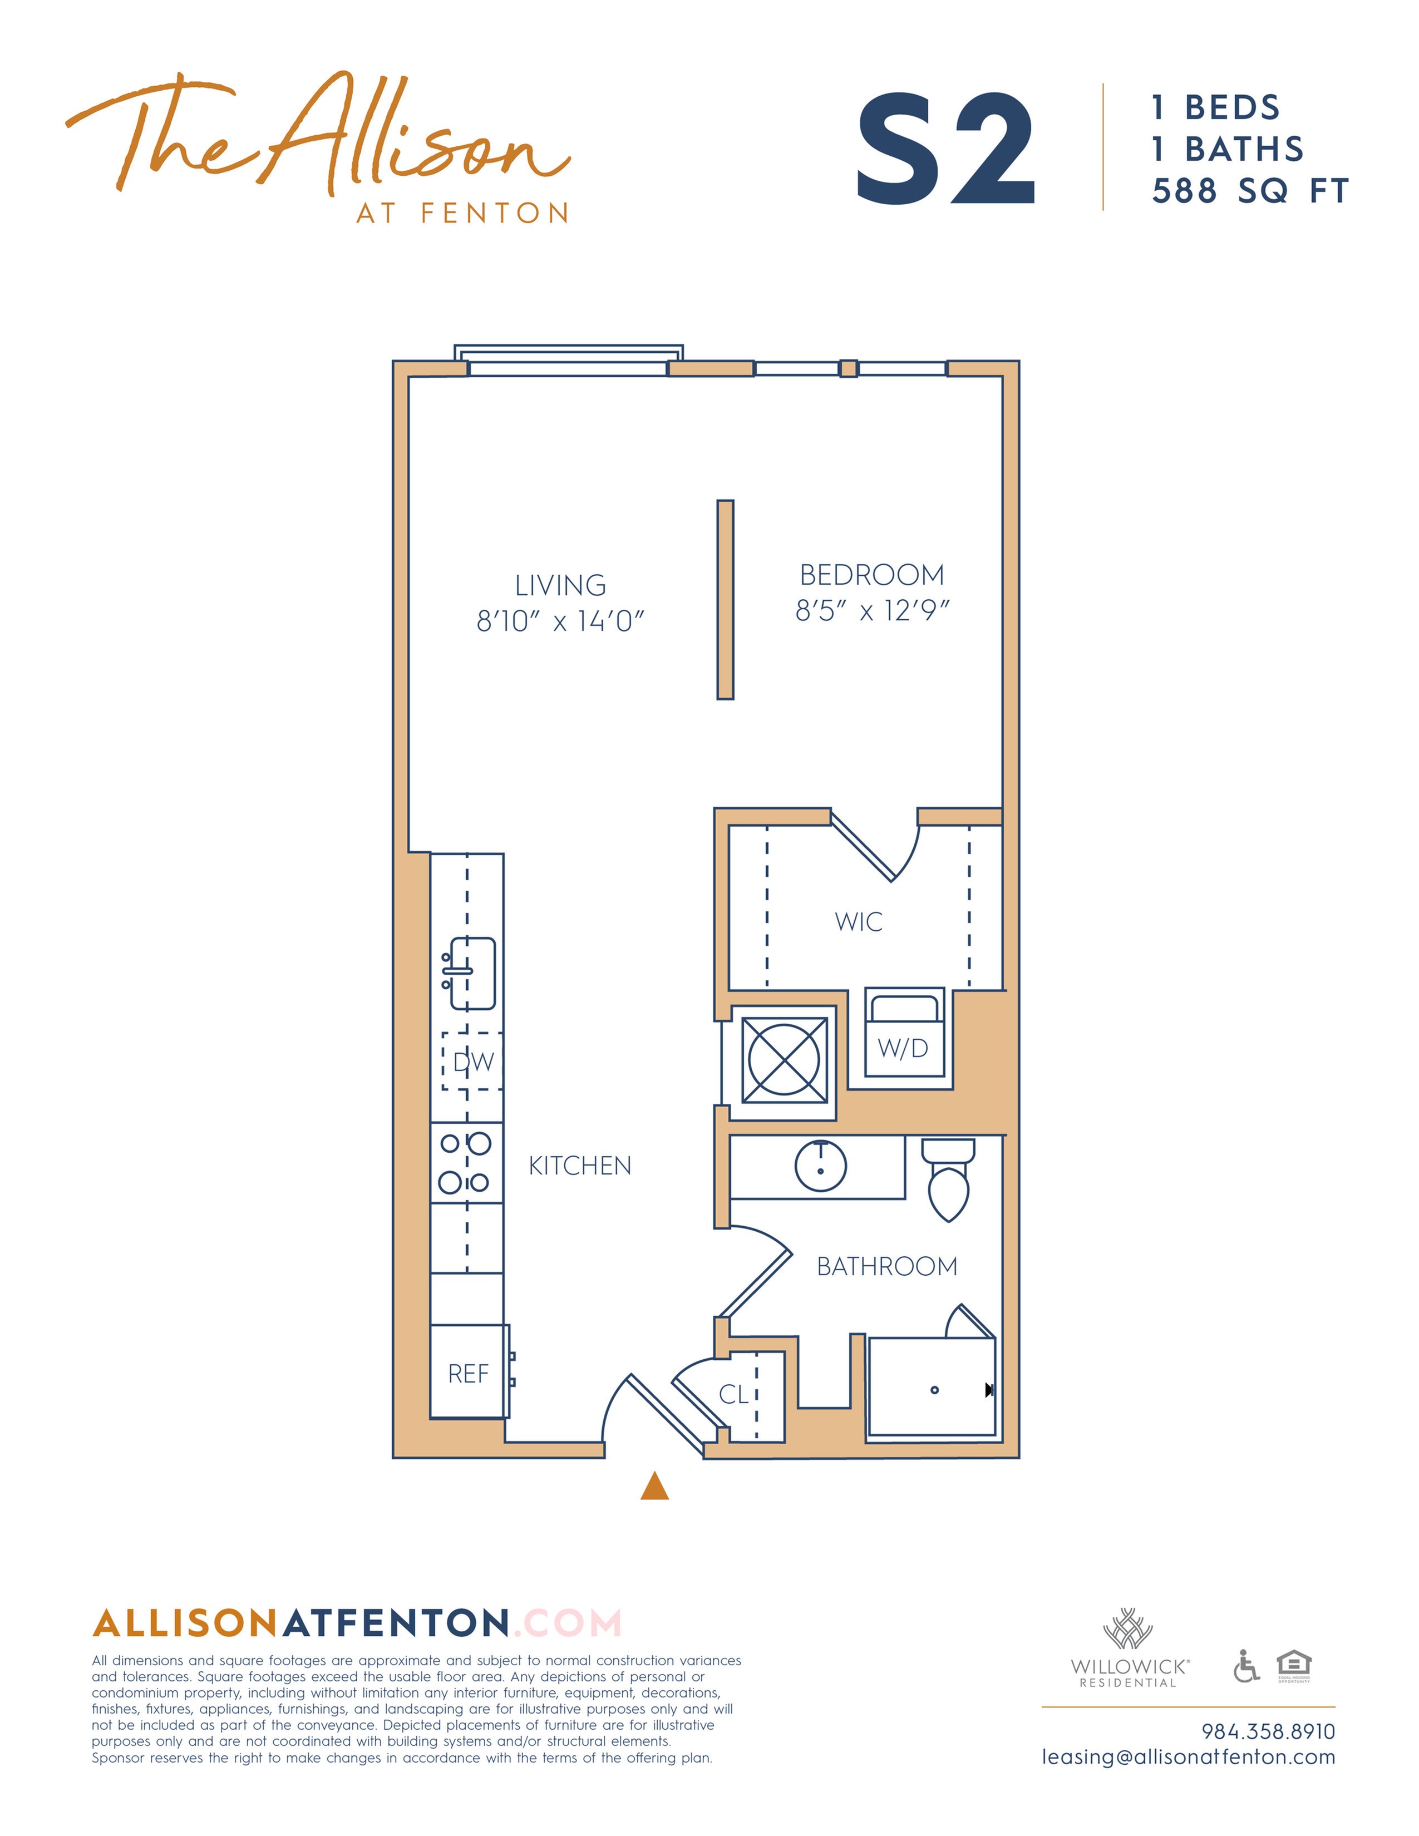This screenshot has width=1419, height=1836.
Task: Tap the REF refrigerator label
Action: (x=468, y=1374)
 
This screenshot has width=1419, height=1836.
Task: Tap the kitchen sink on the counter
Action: (x=471, y=973)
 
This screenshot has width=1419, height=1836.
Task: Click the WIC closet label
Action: (x=858, y=921)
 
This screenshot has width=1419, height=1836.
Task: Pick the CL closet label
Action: (x=733, y=1395)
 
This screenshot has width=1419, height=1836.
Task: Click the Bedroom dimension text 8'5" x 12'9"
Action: (x=872, y=610)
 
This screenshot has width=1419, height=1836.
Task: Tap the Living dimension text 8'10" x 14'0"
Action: (x=560, y=621)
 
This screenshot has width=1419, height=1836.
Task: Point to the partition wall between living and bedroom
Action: (x=725, y=599)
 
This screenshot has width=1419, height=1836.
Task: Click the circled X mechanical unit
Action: (x=784, y=1059)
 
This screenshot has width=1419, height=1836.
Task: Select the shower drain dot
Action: (x=934, y=1390)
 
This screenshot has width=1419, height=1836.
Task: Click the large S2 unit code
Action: (x=945, y=150)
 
